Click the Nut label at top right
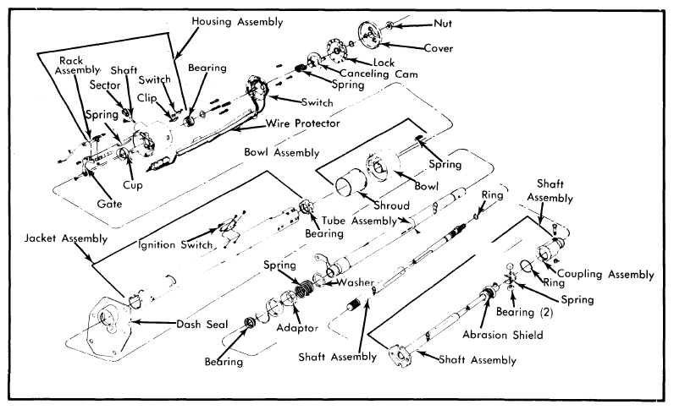click(442, 23)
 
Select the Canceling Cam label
click(378, 74)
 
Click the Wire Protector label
click(303, 123)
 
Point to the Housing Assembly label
click(237, 21)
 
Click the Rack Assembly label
click(77, 66)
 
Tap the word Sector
click(105, 85)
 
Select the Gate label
click(109, 204)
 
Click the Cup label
click(132, 185)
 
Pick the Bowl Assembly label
click(282, 152)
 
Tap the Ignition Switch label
click(175, 244)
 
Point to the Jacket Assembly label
click(66, 238)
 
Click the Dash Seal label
click(202, 324)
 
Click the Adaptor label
click(297, 328)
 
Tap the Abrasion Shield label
click(502, 335)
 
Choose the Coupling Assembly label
click(605, 274)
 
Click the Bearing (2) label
click(524, 312)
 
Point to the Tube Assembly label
click(359, 221)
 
